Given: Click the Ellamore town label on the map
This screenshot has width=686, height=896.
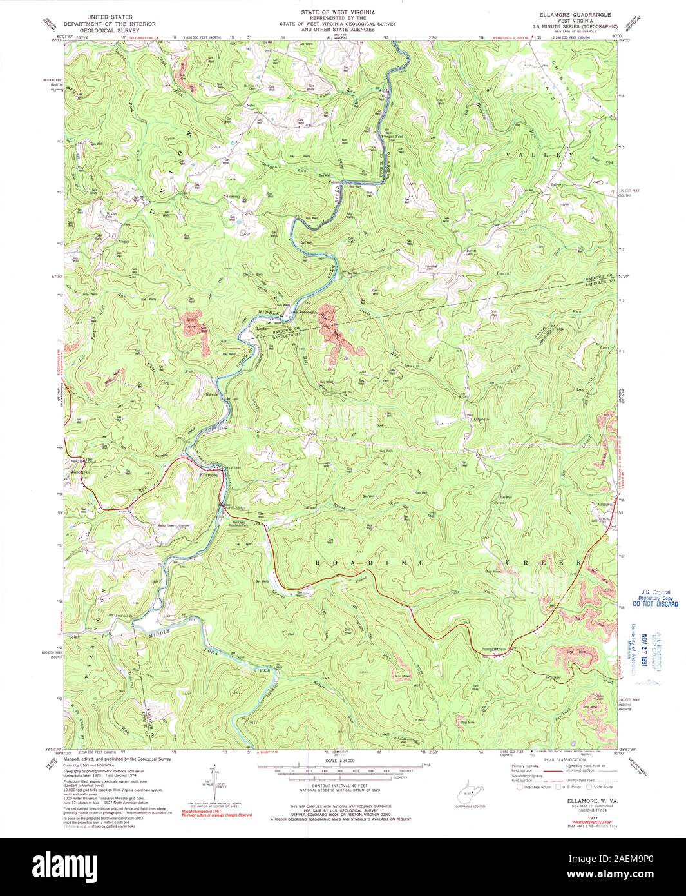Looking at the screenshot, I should pos(207,476).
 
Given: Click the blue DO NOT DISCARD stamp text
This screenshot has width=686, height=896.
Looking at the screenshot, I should pos(654,605).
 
